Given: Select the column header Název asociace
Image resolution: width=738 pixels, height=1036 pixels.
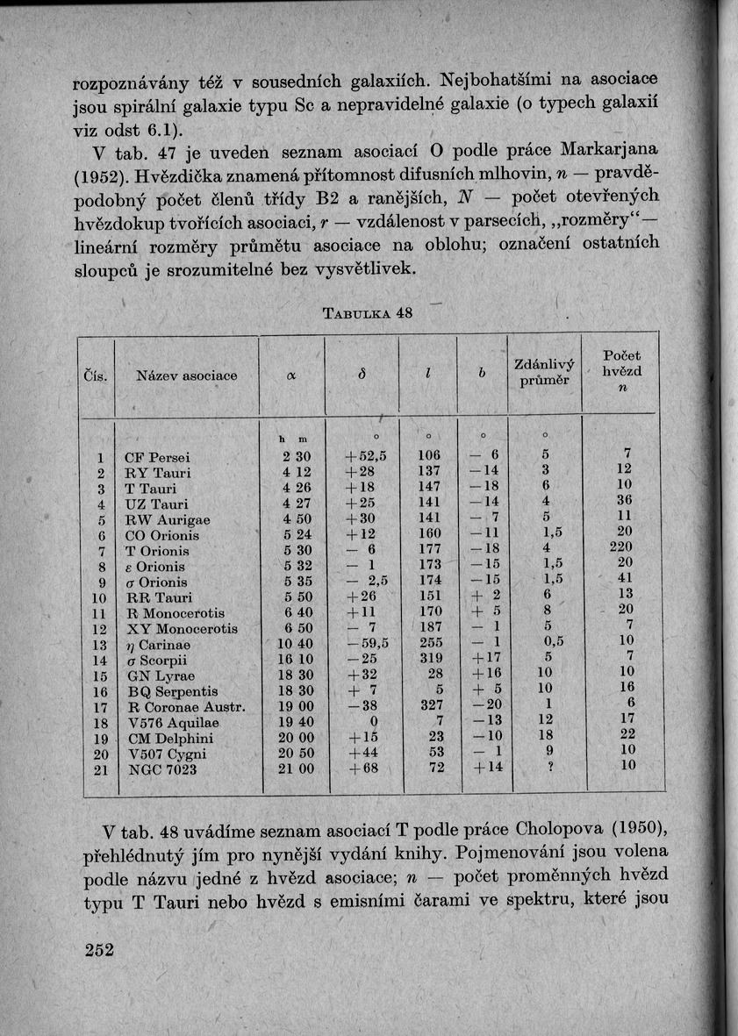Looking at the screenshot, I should (187, 375).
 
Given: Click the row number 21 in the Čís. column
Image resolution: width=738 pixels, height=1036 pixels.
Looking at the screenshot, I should (100, 769).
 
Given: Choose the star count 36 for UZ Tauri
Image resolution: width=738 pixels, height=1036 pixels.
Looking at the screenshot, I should (625, 504).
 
